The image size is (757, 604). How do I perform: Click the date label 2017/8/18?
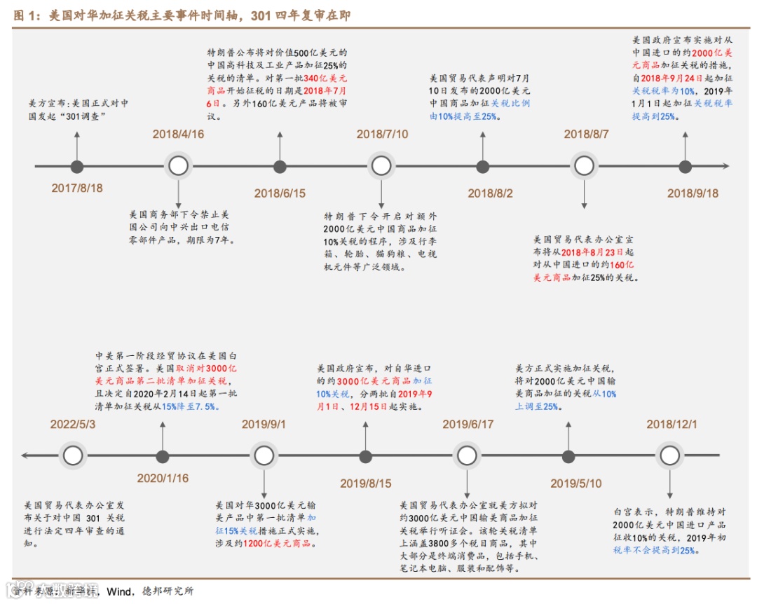tap(77, 188)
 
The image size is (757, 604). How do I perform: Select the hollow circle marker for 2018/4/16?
tap(179, 166)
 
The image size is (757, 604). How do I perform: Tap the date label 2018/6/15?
tap(280, 193)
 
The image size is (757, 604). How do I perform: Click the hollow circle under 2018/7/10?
tap(381, 166)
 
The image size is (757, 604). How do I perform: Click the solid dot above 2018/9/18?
tap(686, 166)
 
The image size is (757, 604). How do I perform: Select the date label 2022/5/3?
tap(72, 425)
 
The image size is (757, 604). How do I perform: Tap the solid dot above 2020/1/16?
tap(163, 457)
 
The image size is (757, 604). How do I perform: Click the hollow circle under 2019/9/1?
tap(264, 456)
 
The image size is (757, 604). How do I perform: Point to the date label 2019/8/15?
tap(366, 483)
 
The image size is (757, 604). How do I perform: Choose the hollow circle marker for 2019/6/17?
tap(467, 456)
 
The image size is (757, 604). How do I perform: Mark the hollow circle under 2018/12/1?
tap(670, 456)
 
